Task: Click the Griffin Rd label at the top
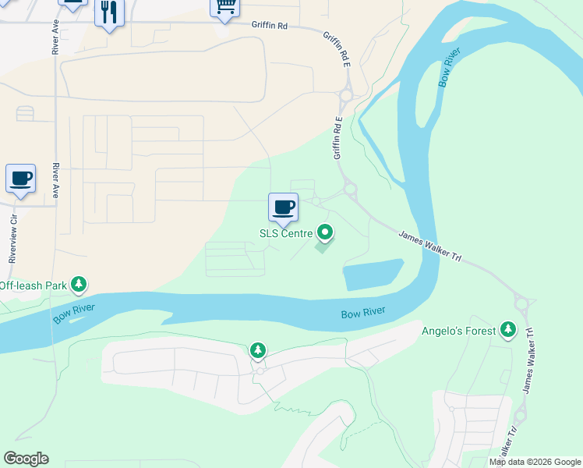click(270, 26)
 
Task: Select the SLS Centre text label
click(285, 233)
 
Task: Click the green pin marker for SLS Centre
click(325, 232)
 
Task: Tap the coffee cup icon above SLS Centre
click(283, 207)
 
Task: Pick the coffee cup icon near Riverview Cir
click(20, 179)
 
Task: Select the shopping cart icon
click(225, 7)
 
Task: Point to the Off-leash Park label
click(33, 285)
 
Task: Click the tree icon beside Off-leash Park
click(79, 285)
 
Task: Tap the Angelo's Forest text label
click(458, 331)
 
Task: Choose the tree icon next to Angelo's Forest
click(508, 330)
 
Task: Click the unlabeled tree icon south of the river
click(258, 351)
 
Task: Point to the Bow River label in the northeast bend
click(450, 69)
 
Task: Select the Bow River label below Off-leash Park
click(74, 314)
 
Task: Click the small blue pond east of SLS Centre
click(372, 275)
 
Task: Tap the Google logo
click(26, 459)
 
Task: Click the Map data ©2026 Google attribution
click(534, 462)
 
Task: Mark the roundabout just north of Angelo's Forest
click(522, 302)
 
